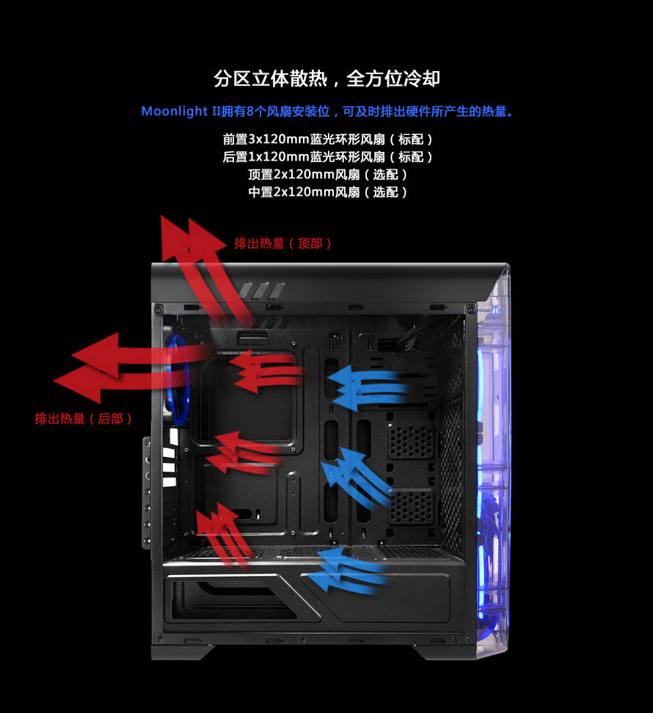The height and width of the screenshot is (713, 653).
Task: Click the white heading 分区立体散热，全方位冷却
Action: (x=326, y=78)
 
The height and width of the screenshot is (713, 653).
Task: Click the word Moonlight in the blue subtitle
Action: (x=175, y=111)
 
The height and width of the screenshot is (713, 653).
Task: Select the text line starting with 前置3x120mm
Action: (x=327, y=139)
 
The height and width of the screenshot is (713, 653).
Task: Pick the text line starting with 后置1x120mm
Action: (x=327, y=156)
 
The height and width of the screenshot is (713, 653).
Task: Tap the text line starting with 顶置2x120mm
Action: (x=327, y=174)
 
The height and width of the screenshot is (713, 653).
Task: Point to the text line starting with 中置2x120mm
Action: (x=327, y=191)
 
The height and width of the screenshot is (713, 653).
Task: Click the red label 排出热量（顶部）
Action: (x=283, y=244)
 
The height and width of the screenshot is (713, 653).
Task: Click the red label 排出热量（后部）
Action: (x=84, y=419)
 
